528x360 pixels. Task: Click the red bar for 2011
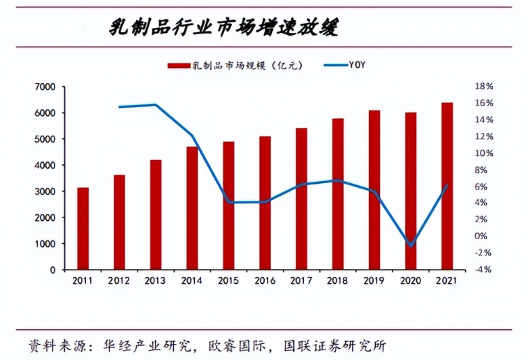coord(83,229)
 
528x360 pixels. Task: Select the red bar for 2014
coord(192,208)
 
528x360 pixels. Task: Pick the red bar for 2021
coord(446,186)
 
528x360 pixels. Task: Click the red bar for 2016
coord(265,203)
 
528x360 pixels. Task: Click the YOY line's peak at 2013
coord(155,105)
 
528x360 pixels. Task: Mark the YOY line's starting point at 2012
coord(119,107)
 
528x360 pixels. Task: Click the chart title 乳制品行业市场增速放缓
coord(225,27)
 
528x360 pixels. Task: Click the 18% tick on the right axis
coord(484,87)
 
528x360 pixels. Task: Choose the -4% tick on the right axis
coord(484,269)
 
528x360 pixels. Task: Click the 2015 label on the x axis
coord(228,280)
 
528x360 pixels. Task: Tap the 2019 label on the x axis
coord(374,280)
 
